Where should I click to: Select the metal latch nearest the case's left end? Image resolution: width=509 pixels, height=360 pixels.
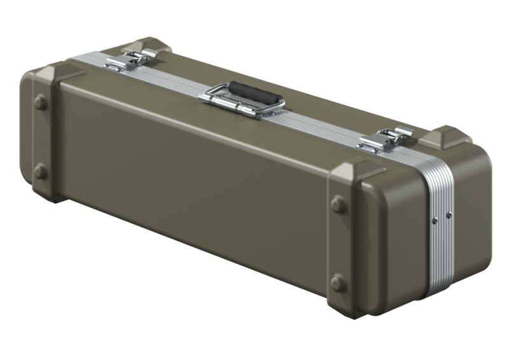coord(130,60)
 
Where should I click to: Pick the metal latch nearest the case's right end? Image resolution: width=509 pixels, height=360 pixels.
coord(385,139)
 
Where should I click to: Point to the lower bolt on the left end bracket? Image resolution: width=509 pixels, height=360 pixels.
coord(40,171)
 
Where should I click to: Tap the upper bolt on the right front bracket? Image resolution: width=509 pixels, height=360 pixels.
coord(338,205)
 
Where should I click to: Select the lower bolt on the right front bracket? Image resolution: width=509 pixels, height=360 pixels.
coord(338,283)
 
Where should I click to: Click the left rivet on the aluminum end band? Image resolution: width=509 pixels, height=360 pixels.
coord(435,219)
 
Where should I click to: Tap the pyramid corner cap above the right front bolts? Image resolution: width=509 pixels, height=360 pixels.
coord(356,170)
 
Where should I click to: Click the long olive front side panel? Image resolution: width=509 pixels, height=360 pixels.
coord(191,191)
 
